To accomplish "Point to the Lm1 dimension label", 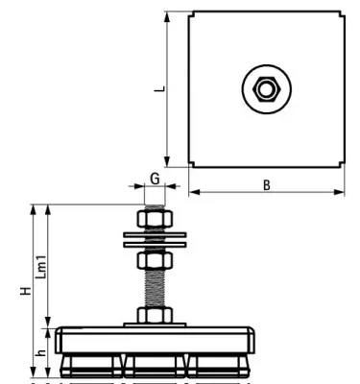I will pyautogui.click(x=40, y=266).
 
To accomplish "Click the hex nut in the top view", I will pyautogui.click(x=265, y=89).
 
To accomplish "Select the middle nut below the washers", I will pyautogui.click(x=155, y=259).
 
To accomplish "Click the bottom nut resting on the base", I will pyautogui.click(x=155, y=316).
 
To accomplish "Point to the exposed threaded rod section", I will pyautogui.click(x=155, y=288).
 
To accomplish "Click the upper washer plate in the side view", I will pyautogui.click(x=155, y=235).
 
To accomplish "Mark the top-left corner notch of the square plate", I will pyautogui.click(x=189, y=14).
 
